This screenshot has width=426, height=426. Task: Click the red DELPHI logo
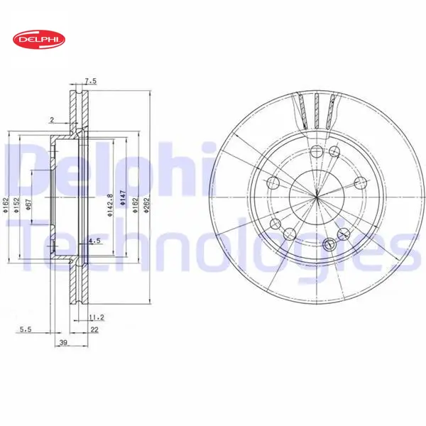pyautogui.click(x=39, y=40)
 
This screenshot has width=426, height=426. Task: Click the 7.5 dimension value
pyautogui.click(x=90, y=81)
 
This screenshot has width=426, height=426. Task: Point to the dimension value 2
pyautogui.click(x=52, y=119)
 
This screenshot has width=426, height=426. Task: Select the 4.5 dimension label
pyautogui.click(x=95, y=241)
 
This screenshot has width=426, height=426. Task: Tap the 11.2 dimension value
pyautogui.click(x=97, y=317)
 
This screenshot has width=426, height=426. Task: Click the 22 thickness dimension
pyautogui.click(x=94, y=330)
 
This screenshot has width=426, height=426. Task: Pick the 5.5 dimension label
pyautogui.click(x=26, y=329)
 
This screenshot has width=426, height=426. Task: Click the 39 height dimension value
pyautogui.click(x=63, y=342)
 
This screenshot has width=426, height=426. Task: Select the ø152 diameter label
pyautogui.click(x=17, y=205)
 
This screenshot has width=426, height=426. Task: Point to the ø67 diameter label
pyautogui.click(x=29, y=204)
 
